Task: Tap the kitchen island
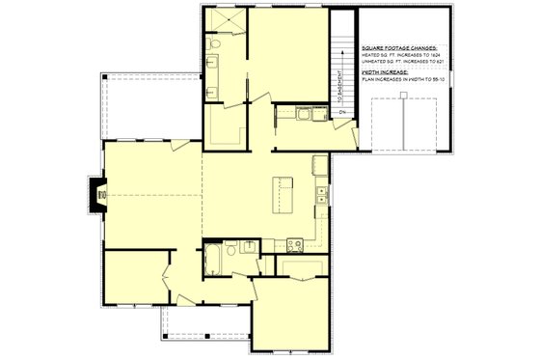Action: pos(283,194)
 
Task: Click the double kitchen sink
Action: pos(322,196)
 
